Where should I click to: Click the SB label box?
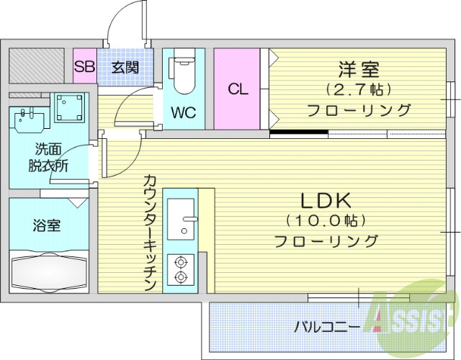point(84,68)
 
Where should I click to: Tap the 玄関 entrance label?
point(125,68)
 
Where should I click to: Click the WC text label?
point(183,112)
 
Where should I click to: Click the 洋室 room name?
point(359,70)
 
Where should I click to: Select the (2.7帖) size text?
point(358,90)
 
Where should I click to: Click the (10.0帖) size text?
point(326,220)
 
